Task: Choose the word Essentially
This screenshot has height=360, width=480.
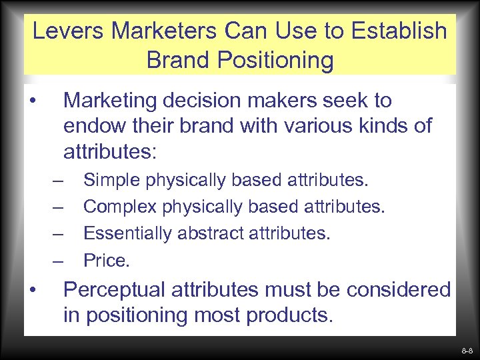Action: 124,233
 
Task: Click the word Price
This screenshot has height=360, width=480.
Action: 105,260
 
